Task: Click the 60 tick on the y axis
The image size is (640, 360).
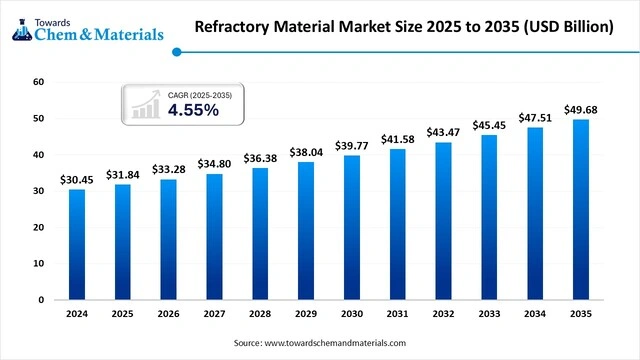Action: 39,82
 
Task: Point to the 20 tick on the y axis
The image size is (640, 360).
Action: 39,227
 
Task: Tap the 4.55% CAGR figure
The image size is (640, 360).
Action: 193,110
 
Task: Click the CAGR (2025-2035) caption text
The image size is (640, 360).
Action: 198,94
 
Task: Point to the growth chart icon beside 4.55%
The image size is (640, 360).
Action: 145,103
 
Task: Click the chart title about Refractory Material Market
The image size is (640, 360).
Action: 405,28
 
